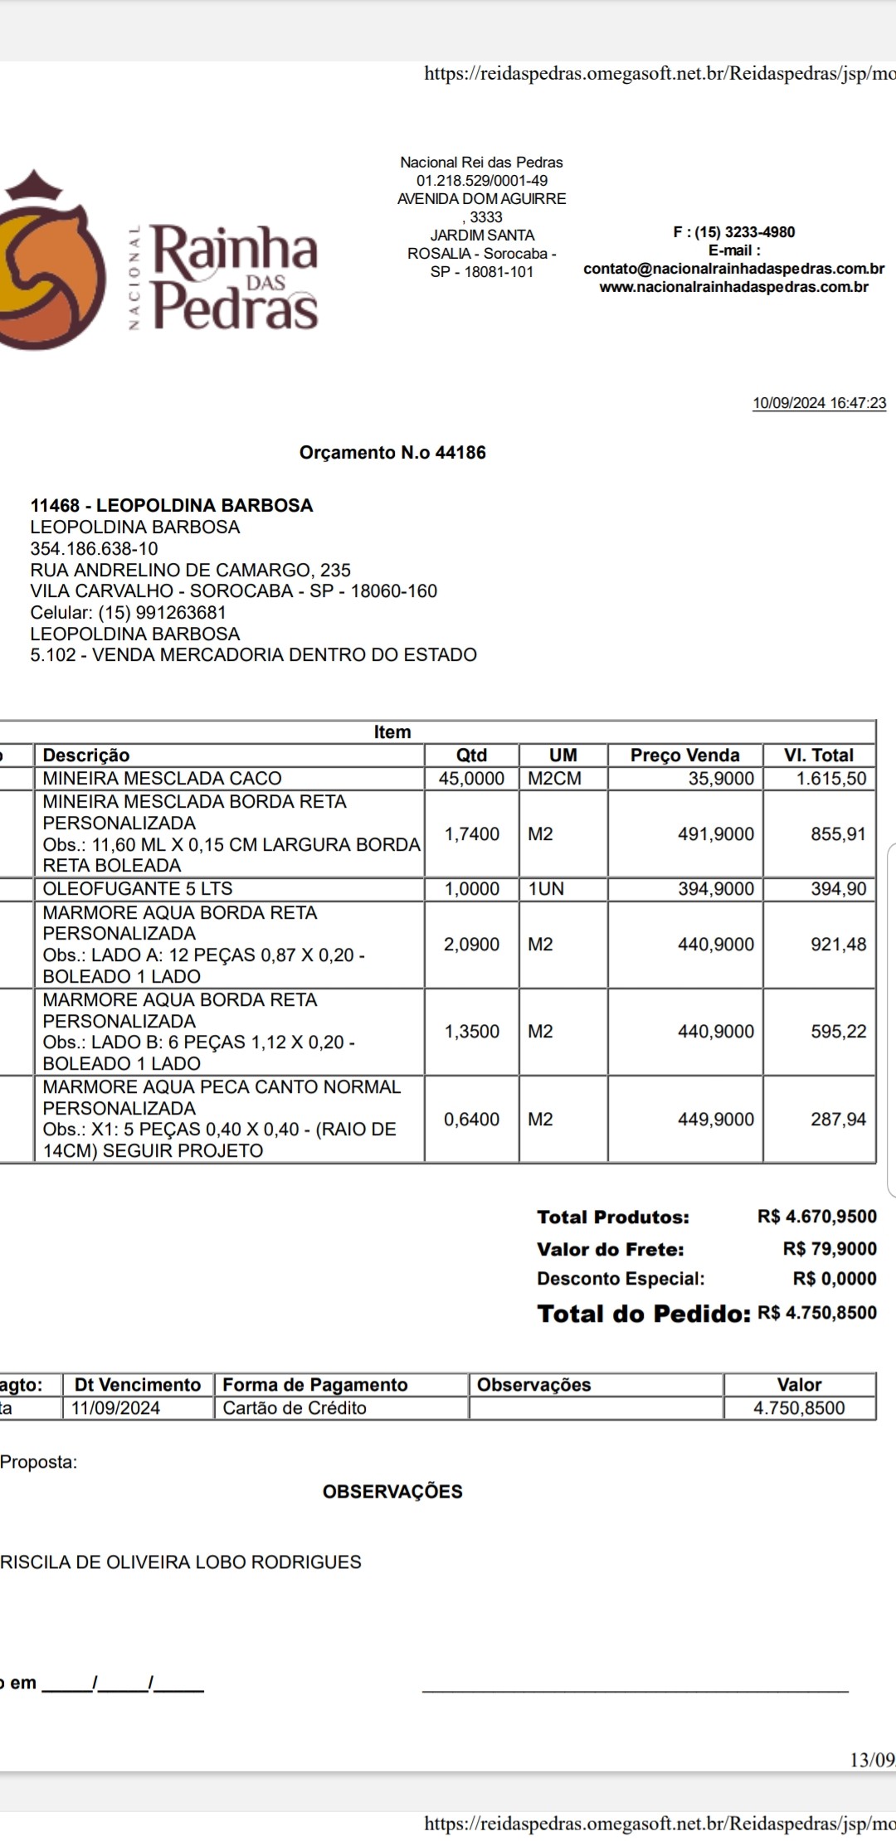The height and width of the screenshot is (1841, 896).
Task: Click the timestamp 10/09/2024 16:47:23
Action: [x=819, y=404]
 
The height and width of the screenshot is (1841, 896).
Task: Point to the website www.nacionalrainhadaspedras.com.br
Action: [x=733, y=287]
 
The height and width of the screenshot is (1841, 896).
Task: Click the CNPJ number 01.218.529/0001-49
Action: [x=481, y=181]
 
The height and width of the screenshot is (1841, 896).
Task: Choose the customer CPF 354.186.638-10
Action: [x=94, y=549]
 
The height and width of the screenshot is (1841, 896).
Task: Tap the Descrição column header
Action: [x=86, y=755]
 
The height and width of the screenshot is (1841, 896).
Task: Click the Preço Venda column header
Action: [x=684, y=755]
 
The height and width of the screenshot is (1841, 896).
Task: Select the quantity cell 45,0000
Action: [x=471, y=779]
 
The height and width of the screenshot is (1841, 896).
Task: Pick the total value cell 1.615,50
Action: [x=830, y=779]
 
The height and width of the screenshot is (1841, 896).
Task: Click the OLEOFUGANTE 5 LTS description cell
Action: [x=138, y=889]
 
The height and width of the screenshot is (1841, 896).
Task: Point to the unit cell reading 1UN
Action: [x=546, y=889]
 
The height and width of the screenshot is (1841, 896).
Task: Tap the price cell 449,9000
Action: [x=715, y=1120]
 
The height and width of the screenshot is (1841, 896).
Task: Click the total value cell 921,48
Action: [x=838, y=945]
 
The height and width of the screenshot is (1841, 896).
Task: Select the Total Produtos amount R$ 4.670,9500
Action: [x=816, y=1217]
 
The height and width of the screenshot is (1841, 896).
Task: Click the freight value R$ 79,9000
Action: [x=829, y=1249]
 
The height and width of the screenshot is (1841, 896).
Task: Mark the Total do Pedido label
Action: [x=643, y=1314]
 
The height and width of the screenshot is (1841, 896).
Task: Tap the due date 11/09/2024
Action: [x=115, y=1408]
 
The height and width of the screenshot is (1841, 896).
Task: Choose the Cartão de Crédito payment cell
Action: [x=295, y=1408]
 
